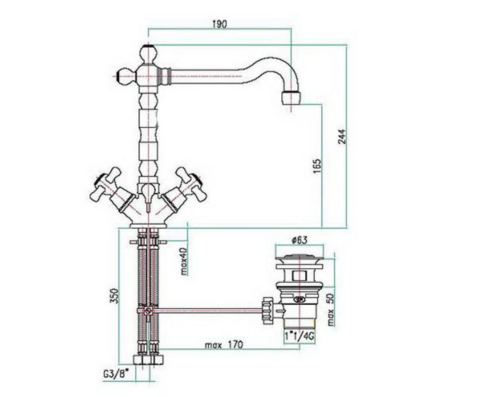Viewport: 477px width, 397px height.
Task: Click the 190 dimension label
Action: coord(220,24)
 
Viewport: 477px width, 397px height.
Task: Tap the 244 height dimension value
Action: coord(342,137)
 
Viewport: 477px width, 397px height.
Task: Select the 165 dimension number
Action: coord(317,166)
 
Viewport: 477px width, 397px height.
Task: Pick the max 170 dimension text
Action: coord(224,345)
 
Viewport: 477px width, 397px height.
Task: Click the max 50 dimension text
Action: coord(331,310)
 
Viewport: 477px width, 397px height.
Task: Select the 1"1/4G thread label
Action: coord(300,336)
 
